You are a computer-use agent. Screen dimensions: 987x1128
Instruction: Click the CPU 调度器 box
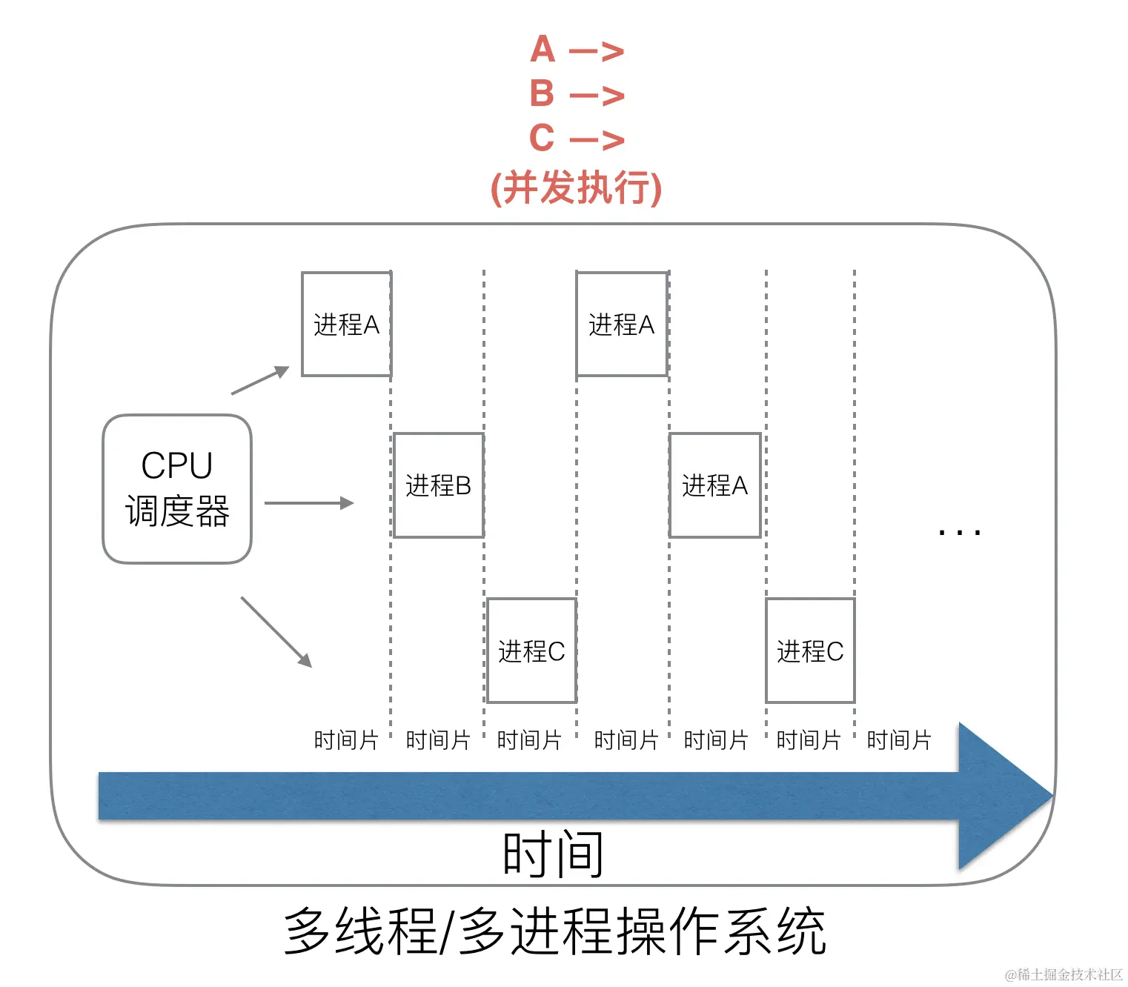(x=177, y=489)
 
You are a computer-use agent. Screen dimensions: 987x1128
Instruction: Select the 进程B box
(x=439, y=485)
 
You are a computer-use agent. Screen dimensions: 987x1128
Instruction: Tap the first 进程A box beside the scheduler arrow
(x=346, y=325)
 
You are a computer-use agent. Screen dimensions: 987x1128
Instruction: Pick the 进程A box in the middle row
(x=715, y=485)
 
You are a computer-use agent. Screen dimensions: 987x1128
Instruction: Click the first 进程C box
(x=531, y=651)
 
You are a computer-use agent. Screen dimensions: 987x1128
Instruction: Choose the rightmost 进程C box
(x=810, y=651)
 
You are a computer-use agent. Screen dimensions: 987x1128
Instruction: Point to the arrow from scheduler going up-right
(x=260, y=380)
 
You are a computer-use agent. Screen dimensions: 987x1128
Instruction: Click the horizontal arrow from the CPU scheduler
(x=309, y=503)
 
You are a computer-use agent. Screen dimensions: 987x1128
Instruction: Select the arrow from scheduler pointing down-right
(x=276, y=631)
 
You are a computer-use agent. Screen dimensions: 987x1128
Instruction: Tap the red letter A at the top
(x=543, y=50)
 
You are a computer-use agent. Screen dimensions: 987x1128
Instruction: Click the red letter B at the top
(x=543, y=94)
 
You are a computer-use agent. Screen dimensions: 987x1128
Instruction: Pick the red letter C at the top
(x=542, y=138)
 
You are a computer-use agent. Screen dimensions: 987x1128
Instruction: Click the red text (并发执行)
(x=576, y=187)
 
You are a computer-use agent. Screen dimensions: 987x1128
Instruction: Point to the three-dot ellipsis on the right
(x=959, y=532)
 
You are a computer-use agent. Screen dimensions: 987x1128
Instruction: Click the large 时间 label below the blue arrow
(x=553, y=854)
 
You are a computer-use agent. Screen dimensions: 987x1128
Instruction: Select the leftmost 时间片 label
(x=345, y=740)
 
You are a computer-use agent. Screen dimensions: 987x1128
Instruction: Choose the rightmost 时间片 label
(x=898, y=740)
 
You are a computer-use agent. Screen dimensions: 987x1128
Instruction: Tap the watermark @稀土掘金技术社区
(x=1064, y=974)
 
